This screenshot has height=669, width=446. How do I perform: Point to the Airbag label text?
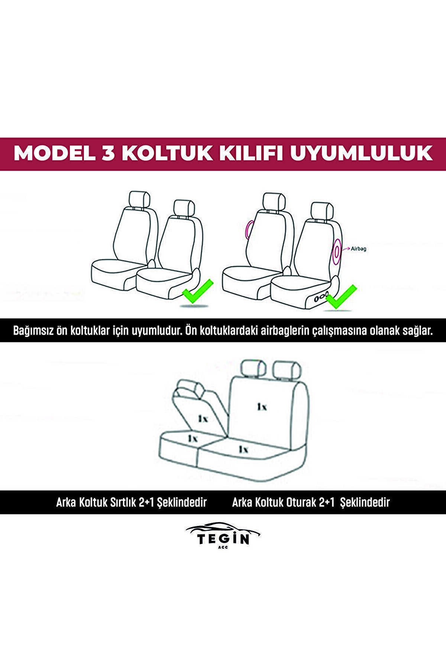pyautogui.click(x=358, y=249)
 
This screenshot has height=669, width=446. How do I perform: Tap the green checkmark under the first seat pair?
pyautogui.click(x=197, y=290)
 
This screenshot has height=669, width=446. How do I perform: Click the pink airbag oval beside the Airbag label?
pyautogui.click(x=337, y=252)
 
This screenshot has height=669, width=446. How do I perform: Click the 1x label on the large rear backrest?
pyautogui.click(x=262, y=407)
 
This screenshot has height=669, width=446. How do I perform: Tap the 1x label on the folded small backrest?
pyautogui.click(x=203, y=419)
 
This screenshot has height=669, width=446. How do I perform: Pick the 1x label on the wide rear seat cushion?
pyautogui.click(x=243, y=449)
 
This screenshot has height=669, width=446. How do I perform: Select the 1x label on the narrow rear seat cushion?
pyautogui.click(x=192, y=438)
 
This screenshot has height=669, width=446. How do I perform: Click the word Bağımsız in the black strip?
pyautogui.click(x=32, y=330)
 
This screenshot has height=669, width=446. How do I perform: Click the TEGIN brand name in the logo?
pyautogui.click(x=223, y=539)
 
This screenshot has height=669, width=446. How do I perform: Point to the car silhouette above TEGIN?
pyautogui.click(x=223, y=529)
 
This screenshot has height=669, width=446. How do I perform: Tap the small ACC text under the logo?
pyautogui.click(x=223, y=547)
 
